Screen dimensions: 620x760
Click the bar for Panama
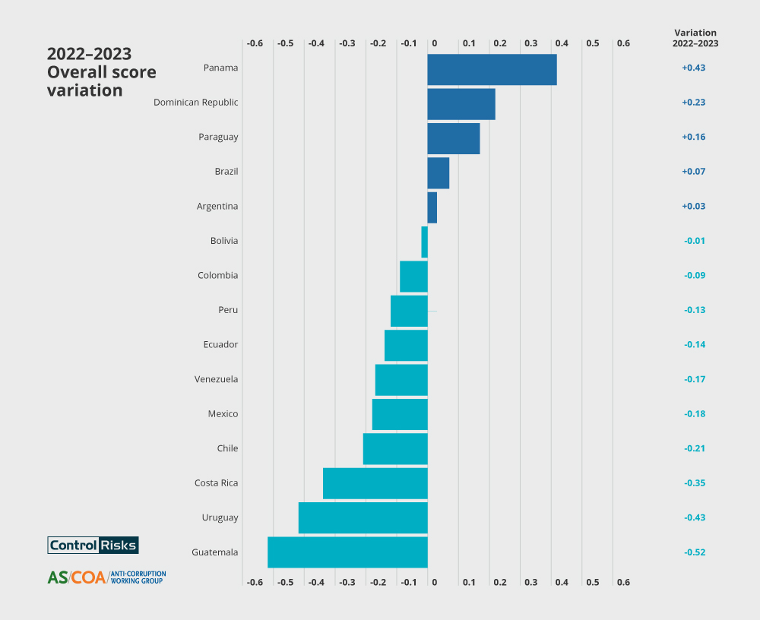click(x=492, y=69)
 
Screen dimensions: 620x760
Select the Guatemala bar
click(x=347, y=552)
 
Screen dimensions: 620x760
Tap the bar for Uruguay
click(x=363, y=517)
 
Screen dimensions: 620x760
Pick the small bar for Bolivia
click(x=424, y=242)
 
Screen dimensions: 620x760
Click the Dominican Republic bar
click(x=461, y=103)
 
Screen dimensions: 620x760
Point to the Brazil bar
click(x=438, y=172)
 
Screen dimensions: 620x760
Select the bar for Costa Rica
click(x=375, y=483)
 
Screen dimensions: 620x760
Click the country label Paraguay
click(x=218, y=137)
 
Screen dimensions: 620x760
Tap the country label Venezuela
click(x=216, y=379)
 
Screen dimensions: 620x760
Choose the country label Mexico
click(x=223, y=414)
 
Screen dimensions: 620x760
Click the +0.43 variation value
click(x=693, y=68)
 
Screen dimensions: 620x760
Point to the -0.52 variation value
click(x=693, y=552)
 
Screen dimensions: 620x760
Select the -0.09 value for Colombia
click(x=693, y=275)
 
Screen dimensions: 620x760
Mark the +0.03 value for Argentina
click(x=693, y=206)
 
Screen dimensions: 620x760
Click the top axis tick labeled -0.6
click(x=255, y=43)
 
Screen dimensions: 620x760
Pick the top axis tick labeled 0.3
click(x=530, y=43)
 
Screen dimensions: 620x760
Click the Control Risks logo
click(x=93, y=545)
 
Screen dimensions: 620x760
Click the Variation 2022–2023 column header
click(x=695, y=38)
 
